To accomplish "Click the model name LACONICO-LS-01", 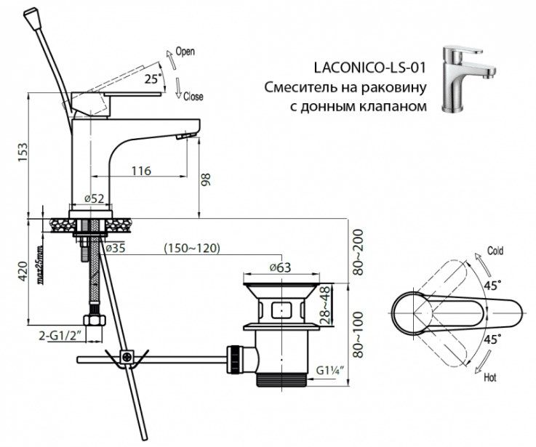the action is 370,68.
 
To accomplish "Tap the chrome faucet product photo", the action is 468,79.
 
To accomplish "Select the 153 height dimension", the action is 23,153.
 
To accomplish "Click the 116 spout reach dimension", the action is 141,171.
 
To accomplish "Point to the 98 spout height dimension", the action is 206,180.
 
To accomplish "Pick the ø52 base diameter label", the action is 94,198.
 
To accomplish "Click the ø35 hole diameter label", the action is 115,248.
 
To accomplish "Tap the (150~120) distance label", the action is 192,248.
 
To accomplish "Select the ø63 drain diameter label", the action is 280,267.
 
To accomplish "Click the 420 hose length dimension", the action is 23,271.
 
